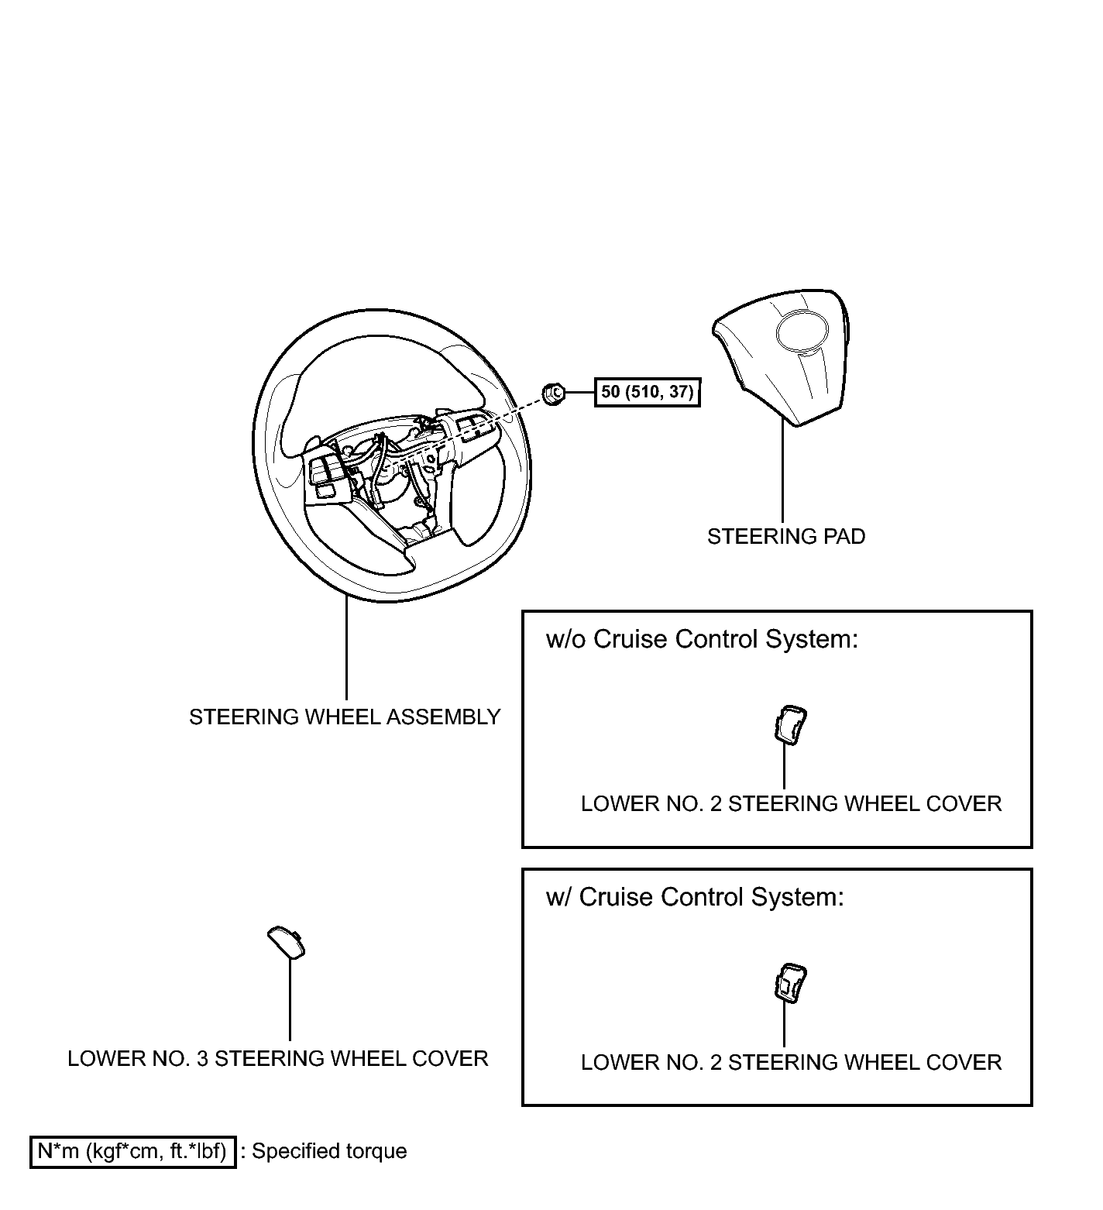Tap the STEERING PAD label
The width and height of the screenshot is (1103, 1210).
[785, 536]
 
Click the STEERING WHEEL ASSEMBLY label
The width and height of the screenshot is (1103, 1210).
[345, 717]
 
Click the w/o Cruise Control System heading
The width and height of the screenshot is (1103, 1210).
[702, 639]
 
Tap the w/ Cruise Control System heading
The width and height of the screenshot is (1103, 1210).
[694, 897]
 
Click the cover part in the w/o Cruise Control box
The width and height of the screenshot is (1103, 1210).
[789, 725]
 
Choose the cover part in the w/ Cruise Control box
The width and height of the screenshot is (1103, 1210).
[789, 983]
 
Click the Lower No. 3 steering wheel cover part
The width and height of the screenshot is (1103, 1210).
[285, 942]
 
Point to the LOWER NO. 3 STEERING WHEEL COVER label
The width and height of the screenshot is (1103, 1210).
[277, 1059]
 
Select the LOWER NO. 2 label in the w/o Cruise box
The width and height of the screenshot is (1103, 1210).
[791, 804]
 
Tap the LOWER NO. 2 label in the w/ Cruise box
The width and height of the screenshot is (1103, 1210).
[791, 1062]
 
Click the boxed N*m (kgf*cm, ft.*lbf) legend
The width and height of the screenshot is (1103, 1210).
[132, 1151]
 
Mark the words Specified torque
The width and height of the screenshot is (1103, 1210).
[329, 1151]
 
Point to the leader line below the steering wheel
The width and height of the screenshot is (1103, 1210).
[345, 651]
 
